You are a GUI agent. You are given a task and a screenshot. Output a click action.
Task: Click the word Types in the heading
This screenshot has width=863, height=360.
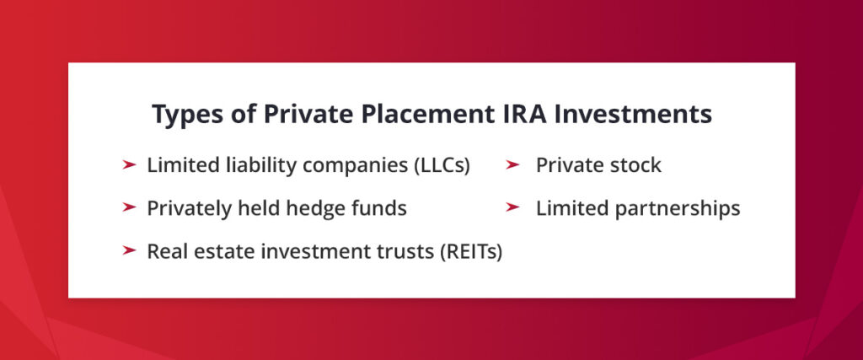(181, 116)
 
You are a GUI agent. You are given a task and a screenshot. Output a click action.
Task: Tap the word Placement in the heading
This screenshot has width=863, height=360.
(407, 114)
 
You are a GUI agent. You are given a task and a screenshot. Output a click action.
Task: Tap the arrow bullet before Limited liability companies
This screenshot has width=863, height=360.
(129, 165)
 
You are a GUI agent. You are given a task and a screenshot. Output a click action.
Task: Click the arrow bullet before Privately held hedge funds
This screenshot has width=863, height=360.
(129, 207)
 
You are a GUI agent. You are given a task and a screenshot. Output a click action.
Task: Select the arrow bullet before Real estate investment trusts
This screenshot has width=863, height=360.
(129, 250)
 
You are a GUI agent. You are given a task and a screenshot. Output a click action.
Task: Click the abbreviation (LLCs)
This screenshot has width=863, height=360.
(441, 165)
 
